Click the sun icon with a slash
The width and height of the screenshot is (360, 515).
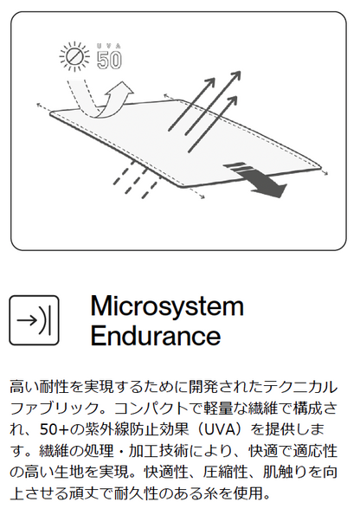click(x=74, y=56)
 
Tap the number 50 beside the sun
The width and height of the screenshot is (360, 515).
click(x=109, y=60)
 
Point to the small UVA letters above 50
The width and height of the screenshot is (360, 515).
click(x=109, y=46)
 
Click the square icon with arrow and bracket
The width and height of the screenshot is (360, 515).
click(x=34, y=320)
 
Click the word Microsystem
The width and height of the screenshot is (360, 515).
click(x=167, y=306)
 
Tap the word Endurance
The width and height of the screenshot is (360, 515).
click(x=156, y=335)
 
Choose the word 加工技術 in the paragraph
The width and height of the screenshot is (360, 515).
click(x=158, y=451)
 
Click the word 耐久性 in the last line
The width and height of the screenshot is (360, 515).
click(x=136, y=493)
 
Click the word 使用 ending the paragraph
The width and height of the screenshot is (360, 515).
click(x=248, y=493)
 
